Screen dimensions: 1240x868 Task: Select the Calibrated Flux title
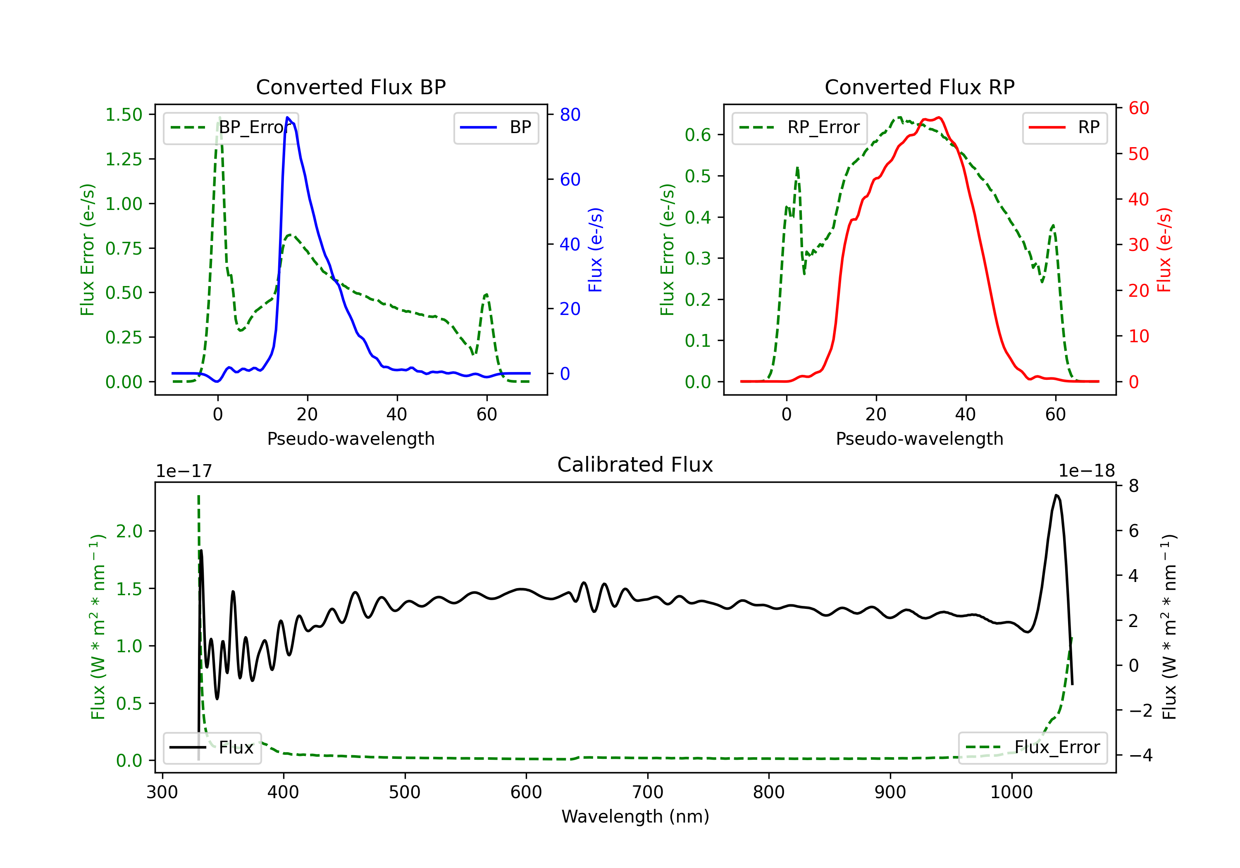pos(635,465)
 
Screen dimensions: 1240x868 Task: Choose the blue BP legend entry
pos(496,127)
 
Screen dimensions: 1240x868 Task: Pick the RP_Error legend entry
pos(799,127)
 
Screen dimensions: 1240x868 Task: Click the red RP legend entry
pos(1064,127)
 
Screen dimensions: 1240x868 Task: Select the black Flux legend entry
pos(212,748)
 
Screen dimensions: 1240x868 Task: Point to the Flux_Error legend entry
pos(1033,748)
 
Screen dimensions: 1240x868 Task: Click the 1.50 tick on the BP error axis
pos(124,114)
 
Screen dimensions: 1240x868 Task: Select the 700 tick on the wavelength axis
pos(648,792)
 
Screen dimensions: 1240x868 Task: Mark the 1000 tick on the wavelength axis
pos(1011,792)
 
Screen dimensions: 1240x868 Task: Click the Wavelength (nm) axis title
pos(635,817)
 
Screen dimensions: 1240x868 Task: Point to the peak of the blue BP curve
pos(287,117)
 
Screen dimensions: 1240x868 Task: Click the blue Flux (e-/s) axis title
pos(595,250)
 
